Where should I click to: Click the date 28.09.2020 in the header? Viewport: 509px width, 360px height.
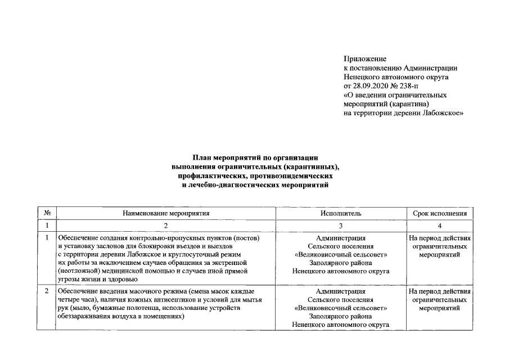(x=370, y=86)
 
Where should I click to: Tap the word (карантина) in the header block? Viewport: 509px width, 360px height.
(x=407, y=104)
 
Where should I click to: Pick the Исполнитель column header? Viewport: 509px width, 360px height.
(x=341, y=213)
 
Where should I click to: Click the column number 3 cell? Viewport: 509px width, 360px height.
(x=341, y=226)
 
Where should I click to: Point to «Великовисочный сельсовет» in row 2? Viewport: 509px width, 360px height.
(x=341, y=309)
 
